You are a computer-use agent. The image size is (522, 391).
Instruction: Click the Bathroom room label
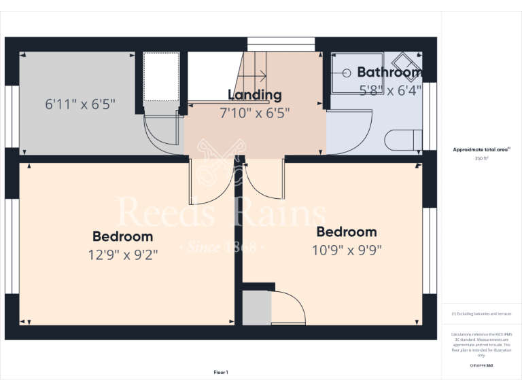389,72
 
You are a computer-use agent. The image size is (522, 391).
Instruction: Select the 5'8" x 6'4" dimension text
390,89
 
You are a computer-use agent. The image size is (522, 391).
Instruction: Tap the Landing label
255,95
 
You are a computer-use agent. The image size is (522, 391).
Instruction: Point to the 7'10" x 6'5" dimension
255,113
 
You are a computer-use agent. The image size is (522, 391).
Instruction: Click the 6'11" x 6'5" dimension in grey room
80,105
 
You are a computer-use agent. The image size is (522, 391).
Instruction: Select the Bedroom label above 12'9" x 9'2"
123,236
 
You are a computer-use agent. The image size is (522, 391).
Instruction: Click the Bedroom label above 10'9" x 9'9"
347,232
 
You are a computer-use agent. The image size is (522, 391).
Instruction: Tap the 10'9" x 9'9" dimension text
347,249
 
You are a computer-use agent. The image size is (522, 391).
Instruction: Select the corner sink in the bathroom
411,61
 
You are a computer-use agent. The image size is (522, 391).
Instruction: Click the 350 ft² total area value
482,158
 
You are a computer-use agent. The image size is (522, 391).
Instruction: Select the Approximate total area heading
481,149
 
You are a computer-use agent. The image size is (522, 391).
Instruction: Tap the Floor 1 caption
221,372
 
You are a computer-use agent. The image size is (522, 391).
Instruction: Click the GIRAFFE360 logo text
482,365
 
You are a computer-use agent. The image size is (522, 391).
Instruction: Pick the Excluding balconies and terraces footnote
482,314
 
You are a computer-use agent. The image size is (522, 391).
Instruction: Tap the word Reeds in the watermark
167,212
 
